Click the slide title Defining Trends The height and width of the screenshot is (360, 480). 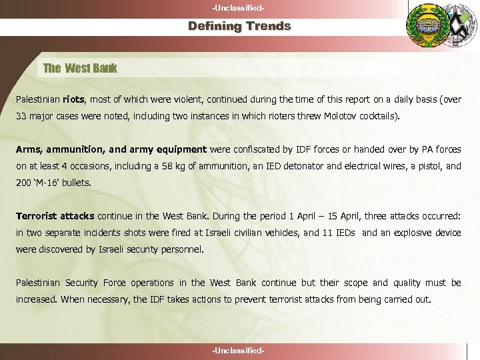[x=239, y=27]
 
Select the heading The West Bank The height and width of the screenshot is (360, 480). [x=80, y=68]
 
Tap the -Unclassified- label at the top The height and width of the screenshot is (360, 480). [x=239, y=7]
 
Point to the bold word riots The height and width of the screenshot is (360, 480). [x=74, y=100]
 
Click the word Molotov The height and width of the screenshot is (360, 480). [x=340, y=116]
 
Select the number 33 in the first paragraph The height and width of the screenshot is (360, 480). [x=22, y=116]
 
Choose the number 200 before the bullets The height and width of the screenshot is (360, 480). [x=23, y=183]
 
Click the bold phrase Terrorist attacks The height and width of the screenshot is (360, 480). [x=55, y=216]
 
